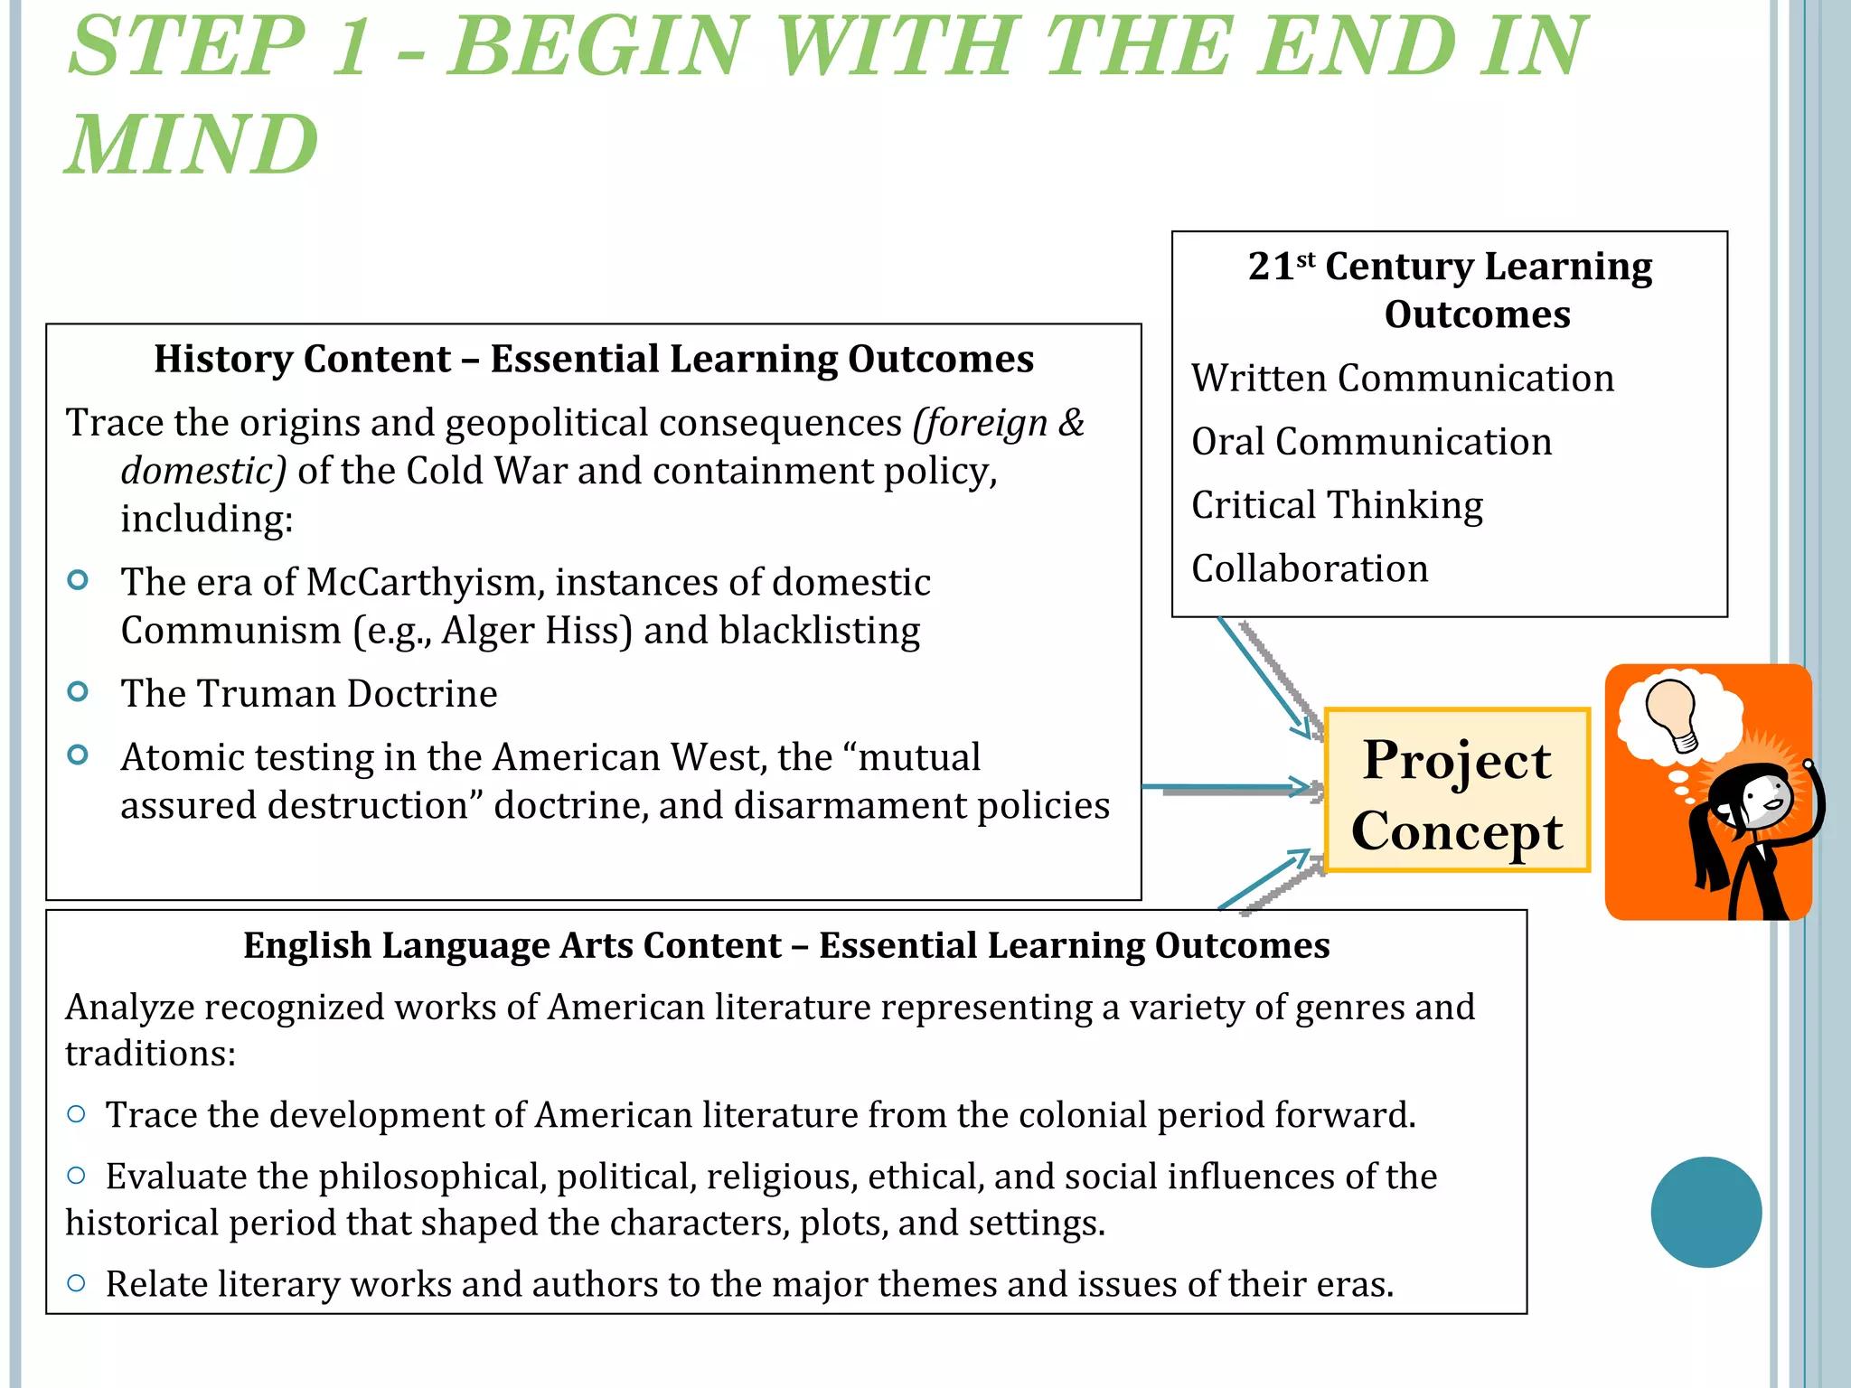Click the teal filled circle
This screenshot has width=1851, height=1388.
[x=1705, y=1212]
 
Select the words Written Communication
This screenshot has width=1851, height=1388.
[x=1402, y=378]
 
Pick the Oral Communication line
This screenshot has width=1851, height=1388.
[x=1371, y=442]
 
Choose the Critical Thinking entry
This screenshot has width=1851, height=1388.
[x=1337, y=505]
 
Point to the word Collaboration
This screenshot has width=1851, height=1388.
[x=1310, y=568]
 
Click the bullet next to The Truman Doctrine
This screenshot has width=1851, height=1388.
[x=79, y=692]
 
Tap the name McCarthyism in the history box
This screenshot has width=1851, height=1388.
[x=426, y=583]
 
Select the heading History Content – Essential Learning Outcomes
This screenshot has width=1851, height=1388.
[x=593, y=359]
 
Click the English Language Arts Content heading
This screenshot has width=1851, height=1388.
[x=786, y=945]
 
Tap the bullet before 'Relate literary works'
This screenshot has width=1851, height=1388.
[x=77, y=1283]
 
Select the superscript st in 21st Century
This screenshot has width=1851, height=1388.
[x=1306, y=259]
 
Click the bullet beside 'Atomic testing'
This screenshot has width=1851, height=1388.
[x=79, y=755]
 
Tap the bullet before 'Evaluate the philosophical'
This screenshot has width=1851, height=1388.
[x=77, y=1176]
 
